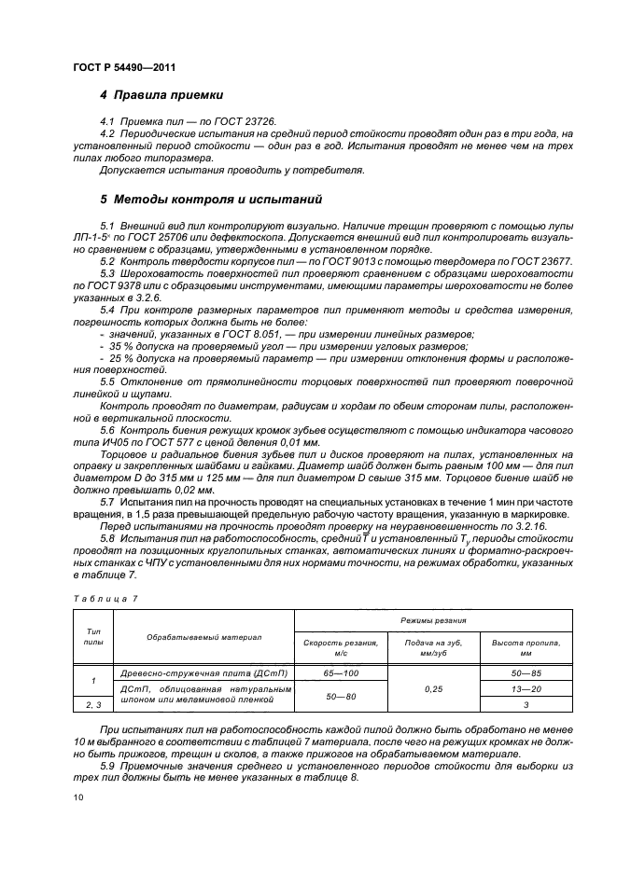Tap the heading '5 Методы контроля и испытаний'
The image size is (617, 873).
coord(210,199)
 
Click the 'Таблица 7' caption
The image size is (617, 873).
coord(105,597)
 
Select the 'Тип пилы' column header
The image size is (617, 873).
coord(92,636)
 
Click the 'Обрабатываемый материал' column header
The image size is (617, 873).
coord(203,637)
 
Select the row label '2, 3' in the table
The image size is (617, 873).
coord(92,705)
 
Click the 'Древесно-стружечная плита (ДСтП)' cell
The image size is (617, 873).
coord(203,672)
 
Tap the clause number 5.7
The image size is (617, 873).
coord(107,502)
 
